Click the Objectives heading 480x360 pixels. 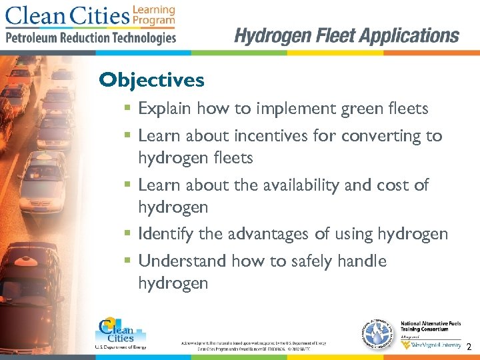151,81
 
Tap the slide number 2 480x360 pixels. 469,347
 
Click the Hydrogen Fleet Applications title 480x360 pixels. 347,35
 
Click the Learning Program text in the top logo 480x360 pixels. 154,15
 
